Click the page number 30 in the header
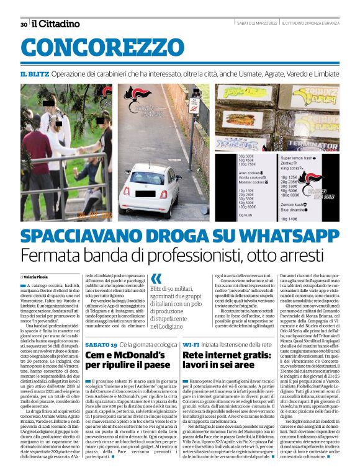click(x=23, y=24)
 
